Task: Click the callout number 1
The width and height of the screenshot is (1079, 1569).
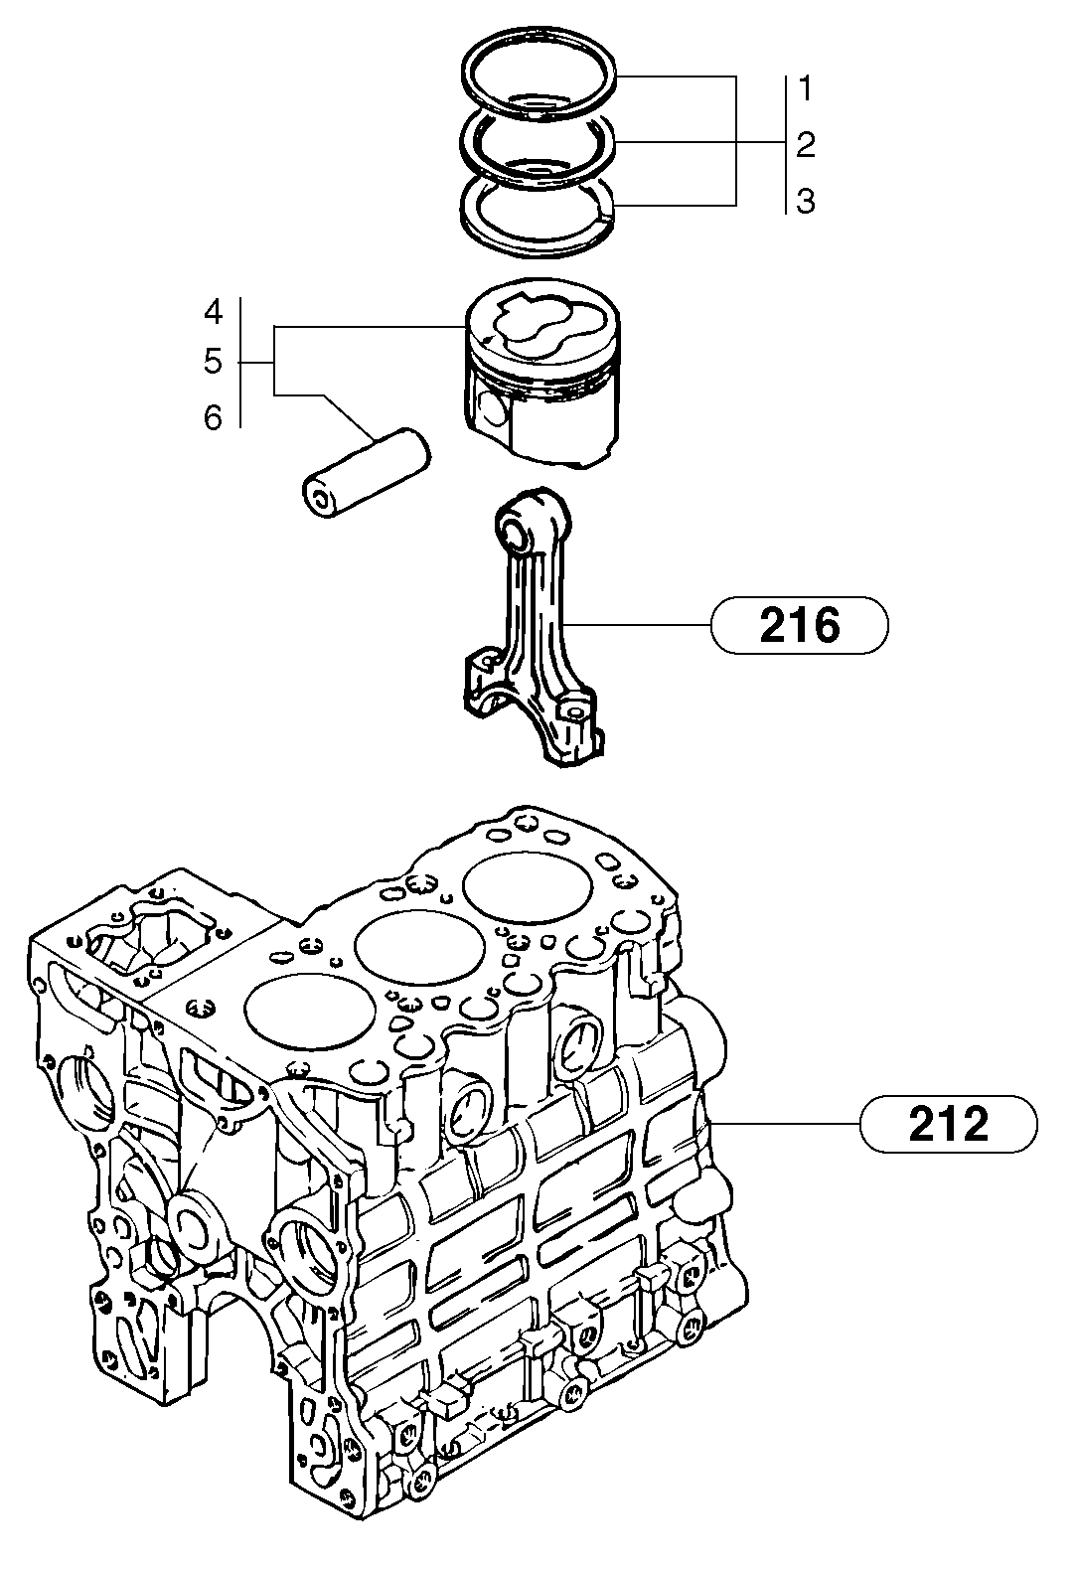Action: tap(806, 89)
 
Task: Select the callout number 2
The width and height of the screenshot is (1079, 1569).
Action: tap(806, 145)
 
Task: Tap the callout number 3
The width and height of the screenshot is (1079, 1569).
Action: tap(806, 202)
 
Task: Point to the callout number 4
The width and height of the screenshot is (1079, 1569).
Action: tap(214, 313)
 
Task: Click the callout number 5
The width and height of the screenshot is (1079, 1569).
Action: tap(214, 362)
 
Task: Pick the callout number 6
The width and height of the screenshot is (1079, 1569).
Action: tap(214, 418)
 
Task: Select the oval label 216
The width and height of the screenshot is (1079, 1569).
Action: tap(799, 626)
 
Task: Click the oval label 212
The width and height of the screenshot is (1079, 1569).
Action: tap(949, 1125)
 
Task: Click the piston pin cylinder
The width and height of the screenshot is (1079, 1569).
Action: tap(366, 471)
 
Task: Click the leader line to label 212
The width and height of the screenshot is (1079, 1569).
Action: tap(785, 1124)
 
